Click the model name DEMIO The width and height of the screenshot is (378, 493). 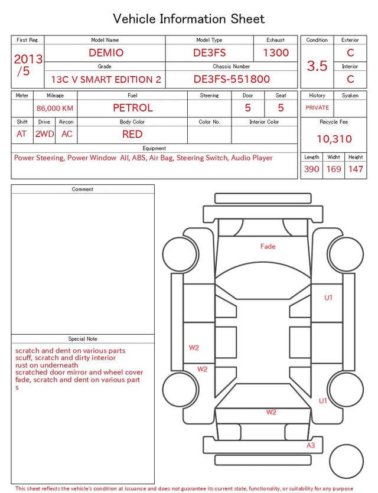click(x=106, y=53)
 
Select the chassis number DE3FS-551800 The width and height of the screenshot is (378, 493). click(x=232, y=79)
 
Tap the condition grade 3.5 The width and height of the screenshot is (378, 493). click(x=317, y=66)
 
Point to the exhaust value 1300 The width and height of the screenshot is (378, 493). click(x=276, y=53)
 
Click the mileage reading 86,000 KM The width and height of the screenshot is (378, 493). click(x=55, y=109)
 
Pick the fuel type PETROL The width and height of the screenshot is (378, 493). click(x=133, y=108)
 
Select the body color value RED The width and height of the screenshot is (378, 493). click(x=132, y=134)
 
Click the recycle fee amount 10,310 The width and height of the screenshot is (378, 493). click(x=334, y=139)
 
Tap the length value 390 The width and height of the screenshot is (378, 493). click(x=312, y=169)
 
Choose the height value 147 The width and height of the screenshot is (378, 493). click(x=356, y=169)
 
